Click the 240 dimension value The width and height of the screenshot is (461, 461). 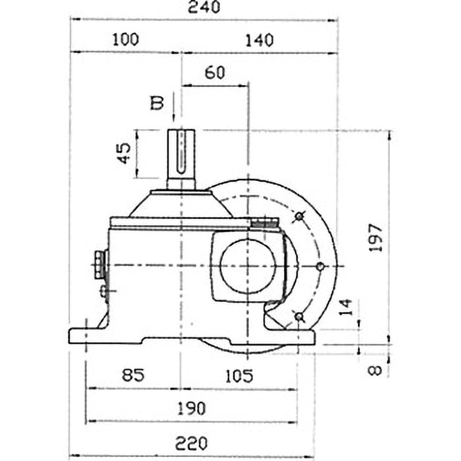point(204,7)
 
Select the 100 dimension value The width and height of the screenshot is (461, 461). point(126,40)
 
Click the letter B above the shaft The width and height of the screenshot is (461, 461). point(157,103)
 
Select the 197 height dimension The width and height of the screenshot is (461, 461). point(375,236)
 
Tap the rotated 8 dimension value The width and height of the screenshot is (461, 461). point(375,368)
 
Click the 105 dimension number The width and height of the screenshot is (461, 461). point(239,376)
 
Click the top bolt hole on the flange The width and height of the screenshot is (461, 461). point(298,216)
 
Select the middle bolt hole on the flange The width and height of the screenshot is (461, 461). point(321,266)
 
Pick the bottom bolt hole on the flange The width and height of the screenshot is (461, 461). point(298,316)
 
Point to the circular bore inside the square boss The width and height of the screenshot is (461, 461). point(248,266)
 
